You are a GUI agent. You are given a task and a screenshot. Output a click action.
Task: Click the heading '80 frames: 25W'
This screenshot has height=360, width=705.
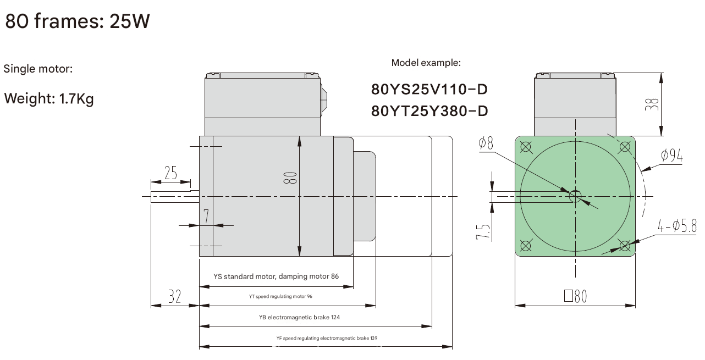click(x=78, y=21)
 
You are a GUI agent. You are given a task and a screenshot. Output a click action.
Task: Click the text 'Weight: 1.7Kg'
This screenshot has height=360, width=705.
click(x=49, y=99)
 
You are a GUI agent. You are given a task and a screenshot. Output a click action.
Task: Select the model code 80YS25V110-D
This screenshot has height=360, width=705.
click(x=429, y=89)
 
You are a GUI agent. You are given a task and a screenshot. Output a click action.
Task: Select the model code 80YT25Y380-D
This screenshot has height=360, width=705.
click(x=429, y=111)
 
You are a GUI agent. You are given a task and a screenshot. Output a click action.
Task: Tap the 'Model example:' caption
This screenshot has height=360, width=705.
click(x=426, y=63)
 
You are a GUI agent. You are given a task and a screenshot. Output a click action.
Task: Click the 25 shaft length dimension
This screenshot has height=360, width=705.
click(x=170, y=173)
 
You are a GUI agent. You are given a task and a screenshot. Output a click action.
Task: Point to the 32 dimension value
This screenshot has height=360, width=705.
click(x=174, y=297)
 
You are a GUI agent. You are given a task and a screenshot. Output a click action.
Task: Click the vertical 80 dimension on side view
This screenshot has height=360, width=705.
click(x=291, y=177)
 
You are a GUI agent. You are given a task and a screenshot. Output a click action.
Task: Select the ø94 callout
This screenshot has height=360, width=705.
click(x=671, y=156)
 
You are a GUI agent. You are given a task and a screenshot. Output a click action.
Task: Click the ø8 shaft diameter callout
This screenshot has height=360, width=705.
click(x=486, y=144)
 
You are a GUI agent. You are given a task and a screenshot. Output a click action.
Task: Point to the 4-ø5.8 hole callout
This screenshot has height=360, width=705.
click(x=677, y=226)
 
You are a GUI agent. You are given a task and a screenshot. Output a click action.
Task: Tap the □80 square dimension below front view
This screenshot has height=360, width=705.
click(x=575, y=297)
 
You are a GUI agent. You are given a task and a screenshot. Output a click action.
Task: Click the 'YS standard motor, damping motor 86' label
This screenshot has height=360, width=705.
click(x=276, y=276)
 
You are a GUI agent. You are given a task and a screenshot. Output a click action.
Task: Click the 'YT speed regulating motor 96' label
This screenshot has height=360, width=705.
click(x=280, y=296)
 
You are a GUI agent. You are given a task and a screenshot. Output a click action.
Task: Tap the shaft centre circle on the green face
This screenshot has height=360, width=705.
click(x=575, y=196)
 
